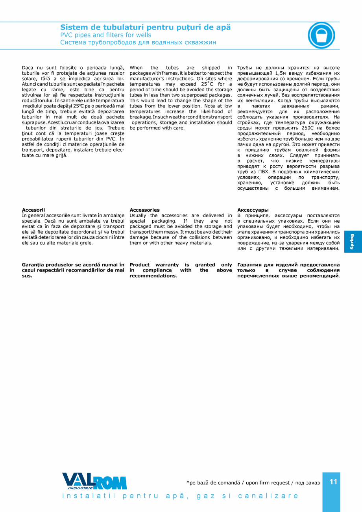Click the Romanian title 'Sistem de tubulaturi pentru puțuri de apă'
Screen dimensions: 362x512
pos(145,28)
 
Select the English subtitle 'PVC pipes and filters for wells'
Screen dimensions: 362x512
pos(105,35)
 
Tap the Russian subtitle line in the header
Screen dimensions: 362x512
pos(138,43)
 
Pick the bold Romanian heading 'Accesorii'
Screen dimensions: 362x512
pos(33,210)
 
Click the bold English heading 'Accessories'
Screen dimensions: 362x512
pos(144,210)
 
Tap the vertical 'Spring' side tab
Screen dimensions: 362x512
pos(353,242)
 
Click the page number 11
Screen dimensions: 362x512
pos(333,482)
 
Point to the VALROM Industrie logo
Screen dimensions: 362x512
pos(94,481)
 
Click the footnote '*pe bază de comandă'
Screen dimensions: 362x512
pos(213,483)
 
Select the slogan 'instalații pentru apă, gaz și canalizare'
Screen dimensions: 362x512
pos(181,496)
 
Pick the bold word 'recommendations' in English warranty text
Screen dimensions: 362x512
pos(153,276)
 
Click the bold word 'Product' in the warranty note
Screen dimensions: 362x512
pos(140,265)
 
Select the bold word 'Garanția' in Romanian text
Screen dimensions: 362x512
pos(33,265)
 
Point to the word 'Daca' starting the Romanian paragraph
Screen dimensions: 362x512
pos(28,68)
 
